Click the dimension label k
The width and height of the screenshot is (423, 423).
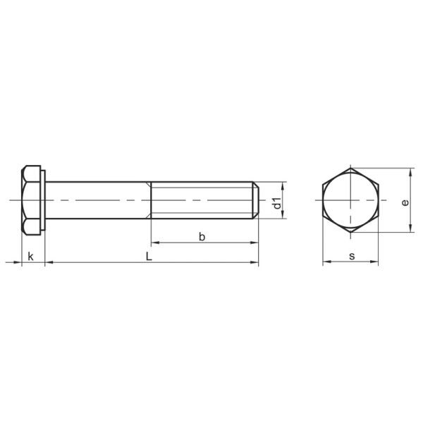pyautogui.click(x=31, y=256)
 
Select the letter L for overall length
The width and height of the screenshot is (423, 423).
pyautogui.click(x=148, y=256)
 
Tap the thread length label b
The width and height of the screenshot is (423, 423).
pyautogui.click(x=202, y=237)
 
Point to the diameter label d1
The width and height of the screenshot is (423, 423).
pyautogui.click(x=278, y=202)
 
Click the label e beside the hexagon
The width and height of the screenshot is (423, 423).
pyautogui.click(x=405, y=202)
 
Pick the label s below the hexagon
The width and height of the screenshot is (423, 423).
pyautogui.click(x=351, y=256)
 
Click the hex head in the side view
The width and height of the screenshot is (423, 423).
pyautogui.click(x=31, y=201)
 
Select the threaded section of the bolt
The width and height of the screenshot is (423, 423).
pyautogui.click(x=201, y=201)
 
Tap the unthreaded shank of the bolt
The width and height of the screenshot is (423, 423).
pyautogui.click(x=99, y=201)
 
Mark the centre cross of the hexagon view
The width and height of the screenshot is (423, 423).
pyautogui.click(x=351, y=202)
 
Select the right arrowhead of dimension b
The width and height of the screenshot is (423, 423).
pyautogui.click(x=255, y=244)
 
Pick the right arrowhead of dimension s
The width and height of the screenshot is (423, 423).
pyautogui.click(x=376, y=264)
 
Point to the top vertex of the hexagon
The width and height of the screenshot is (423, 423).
pyautogui.click(x=351, y=168)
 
